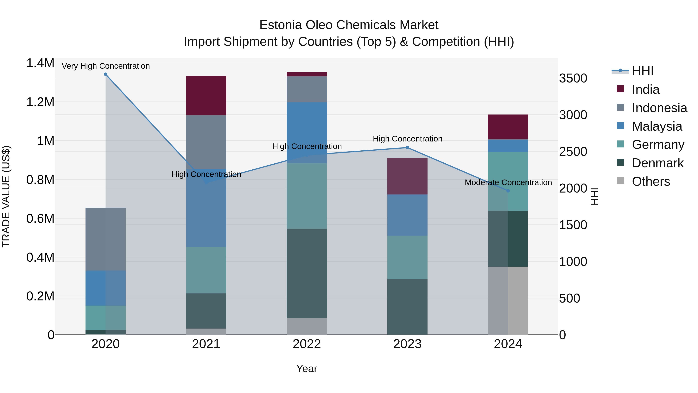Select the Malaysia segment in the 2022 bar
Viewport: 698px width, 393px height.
[307, 132]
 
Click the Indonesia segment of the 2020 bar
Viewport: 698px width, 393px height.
[105, 239]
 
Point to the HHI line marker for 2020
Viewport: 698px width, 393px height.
[106, 74]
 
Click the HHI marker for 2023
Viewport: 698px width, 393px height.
[407, 147]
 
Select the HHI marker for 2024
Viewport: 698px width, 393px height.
[508, 191]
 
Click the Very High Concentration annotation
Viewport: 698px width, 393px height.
[106, 66]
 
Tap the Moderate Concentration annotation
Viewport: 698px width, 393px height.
[508, 182]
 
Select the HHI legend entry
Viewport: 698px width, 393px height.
[643, 71]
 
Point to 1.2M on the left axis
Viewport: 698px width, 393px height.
[40, 102]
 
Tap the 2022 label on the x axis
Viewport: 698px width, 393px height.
[307, 344]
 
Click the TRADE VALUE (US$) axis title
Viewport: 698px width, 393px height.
[6, 196]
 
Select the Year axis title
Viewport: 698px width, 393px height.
[307, 369]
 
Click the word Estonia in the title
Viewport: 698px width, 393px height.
[280, 25]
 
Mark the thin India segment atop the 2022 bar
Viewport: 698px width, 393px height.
[307, 74]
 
